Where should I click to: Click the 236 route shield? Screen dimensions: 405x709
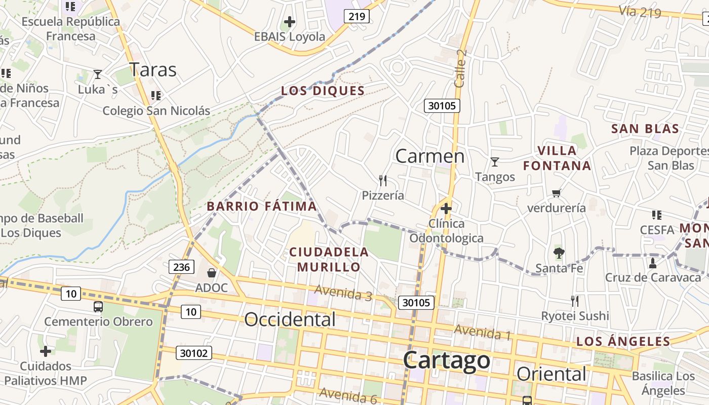[x=181, y=267]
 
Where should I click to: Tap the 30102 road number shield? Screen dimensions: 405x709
[x=194, y=353]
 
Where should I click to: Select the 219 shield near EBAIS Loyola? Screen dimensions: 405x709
[x=357, y=16]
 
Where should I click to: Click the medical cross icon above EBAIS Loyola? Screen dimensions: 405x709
[x=290, y=22]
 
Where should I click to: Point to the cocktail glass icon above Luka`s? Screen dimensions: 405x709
[x=98, y=74]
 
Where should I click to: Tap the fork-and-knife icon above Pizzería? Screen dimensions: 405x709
[x=383, y=180]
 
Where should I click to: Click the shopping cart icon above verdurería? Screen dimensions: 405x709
[x=557, y=193]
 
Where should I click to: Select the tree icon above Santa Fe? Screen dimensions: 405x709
[x=559, y=253]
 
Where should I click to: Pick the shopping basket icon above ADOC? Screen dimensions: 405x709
[x=212, y=273]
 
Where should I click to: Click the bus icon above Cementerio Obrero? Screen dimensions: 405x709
[x=98, y=306]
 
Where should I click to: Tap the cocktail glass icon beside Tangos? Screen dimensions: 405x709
[x=495, y=162]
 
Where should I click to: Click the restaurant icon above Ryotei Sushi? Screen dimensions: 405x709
[x=575, y=301]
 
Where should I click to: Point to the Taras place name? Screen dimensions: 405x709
[x=153, y=69]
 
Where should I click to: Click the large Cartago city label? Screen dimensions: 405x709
[x=447, y=360]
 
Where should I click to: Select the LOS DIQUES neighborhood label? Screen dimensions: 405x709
[x=323, y=91]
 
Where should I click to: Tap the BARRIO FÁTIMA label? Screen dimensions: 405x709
[x=262, y=206]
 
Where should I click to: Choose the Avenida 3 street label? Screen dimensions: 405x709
[x=343, y=292]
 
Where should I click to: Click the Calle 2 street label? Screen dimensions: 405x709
[x=460, y=68]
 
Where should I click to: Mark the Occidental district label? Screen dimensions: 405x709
[x=290, y=319]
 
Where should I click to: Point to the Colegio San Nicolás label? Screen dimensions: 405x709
[x=156, y=110]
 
